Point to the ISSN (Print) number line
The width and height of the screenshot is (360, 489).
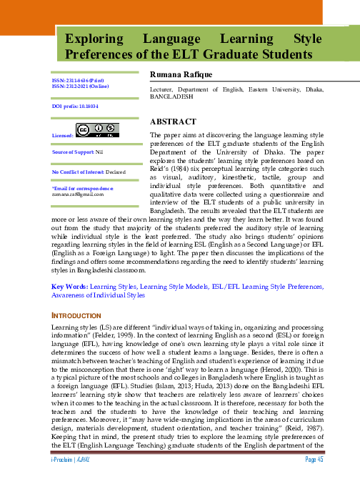(x=78, y=81)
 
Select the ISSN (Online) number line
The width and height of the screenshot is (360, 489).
(x=79, y=87)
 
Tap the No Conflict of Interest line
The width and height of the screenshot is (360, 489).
(x=89, y=172)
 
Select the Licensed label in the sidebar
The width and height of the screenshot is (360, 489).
(x=63, y=134)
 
